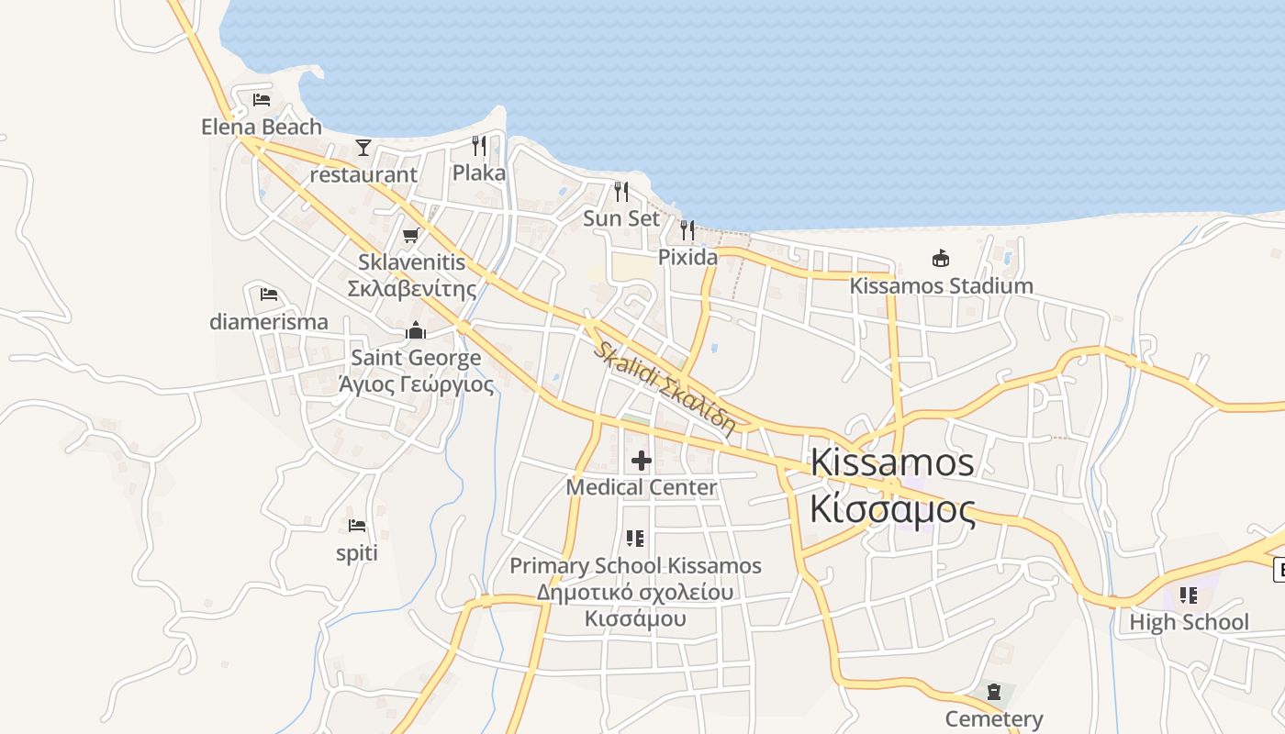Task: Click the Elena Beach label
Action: point(262,127)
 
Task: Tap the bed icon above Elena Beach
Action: point(262,99)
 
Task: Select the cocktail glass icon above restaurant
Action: point(363,147)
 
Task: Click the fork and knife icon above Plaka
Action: point(479,145)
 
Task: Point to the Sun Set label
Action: point(621,218)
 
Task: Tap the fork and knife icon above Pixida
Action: point(687,229)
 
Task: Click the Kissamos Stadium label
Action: point(941,285)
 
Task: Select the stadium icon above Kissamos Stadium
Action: point(941,258)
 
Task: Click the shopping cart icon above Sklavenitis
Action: point(411,236)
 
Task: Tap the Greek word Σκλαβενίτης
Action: point(411,289)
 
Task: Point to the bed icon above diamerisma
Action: point(269,295)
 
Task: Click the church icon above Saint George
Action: point(416,330)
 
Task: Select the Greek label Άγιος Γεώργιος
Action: point(416,384)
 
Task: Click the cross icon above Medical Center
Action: point(642,460)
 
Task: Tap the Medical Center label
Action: point(642,487)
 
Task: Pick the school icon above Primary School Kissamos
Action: point(635,539)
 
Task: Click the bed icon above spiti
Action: point(357,526)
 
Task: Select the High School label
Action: point(1189,622)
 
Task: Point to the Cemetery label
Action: point(994,718)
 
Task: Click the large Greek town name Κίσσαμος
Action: point(892,509)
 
